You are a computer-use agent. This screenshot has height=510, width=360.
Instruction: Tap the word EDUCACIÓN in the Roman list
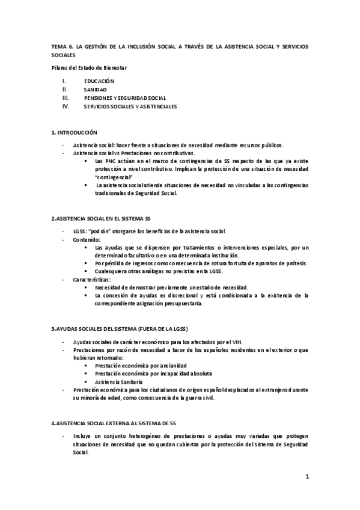pos(99,81)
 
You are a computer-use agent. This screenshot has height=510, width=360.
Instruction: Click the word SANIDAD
pos(96,89)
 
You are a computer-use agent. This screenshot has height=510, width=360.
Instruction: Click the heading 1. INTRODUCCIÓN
pos(74,131)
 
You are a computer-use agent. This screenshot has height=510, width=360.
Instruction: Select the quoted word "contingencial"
pos(117,178)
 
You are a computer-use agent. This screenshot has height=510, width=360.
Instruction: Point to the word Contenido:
pos(88,239)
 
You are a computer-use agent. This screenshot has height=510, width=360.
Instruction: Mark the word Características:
pos(92,280)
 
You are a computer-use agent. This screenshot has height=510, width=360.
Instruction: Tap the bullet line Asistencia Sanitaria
pos(118,382)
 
